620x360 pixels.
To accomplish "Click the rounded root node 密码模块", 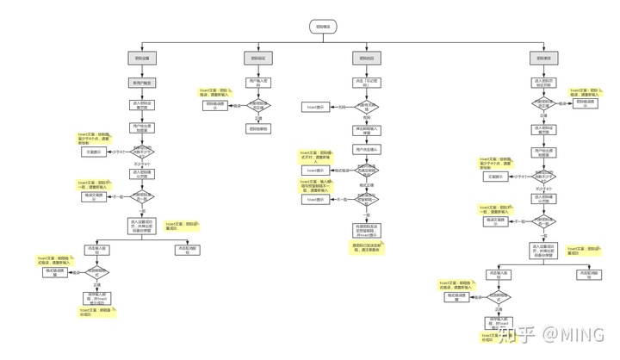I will (324, 27).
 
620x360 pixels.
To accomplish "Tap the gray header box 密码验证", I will (257, 58).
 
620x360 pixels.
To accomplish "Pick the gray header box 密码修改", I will (543, 58).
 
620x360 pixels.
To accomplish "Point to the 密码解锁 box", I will (257, 128).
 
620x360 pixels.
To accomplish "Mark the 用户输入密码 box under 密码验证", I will (257, 83).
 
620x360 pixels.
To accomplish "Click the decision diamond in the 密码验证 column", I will (257, 106).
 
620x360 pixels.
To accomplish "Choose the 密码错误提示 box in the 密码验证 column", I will (215, 105).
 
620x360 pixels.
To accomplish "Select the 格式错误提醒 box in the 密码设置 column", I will (57, 272).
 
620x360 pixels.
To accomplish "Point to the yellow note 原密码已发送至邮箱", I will (367, 245).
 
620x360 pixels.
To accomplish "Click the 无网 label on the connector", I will (342, 106).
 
